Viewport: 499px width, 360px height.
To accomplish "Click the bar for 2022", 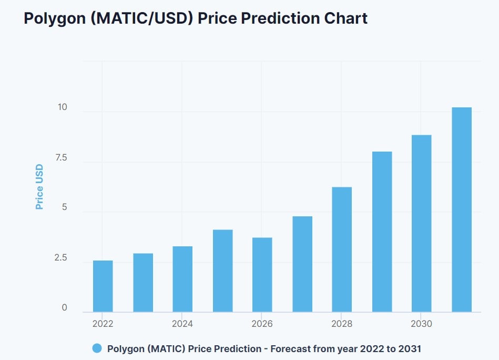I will [x=103, y=286].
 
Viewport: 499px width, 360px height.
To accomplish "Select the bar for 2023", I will [x=142, y=283].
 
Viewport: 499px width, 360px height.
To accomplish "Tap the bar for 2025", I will [x=222, y=271].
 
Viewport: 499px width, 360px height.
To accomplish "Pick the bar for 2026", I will [x=262, y=275].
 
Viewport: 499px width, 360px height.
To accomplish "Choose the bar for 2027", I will [x=302, y=264].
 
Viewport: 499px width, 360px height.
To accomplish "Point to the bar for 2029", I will [x=382, y=232].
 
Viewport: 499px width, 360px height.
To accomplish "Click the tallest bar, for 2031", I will [x=461, y=209].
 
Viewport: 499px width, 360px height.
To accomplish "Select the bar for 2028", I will [x=342, y=249].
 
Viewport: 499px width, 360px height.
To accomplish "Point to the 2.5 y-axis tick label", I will [x=61, y=258].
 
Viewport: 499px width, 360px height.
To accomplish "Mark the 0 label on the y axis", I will [x=65, y=308].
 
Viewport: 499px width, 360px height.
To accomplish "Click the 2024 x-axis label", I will [x=182, y=324].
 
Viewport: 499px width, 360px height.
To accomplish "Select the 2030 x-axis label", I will [x=421, y=324].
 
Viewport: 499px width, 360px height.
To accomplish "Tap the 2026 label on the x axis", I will [x=262, y=324].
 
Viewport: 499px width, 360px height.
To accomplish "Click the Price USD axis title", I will [x=39, y=187].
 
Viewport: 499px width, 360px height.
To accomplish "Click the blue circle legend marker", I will [x=97, y=348].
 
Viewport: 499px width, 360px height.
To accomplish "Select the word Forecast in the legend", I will [x=293, y=348].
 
